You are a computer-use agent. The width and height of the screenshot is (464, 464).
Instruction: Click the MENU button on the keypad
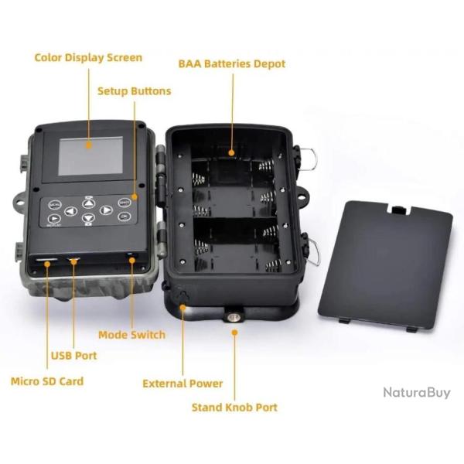55,204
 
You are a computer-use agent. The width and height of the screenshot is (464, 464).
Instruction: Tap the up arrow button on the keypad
88,203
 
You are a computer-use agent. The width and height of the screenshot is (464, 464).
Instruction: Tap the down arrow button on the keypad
88,218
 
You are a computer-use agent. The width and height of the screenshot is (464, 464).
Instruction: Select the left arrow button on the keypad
71,211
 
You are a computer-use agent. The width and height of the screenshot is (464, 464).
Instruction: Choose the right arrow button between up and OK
106,210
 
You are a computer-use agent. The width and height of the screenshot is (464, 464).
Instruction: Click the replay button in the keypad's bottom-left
54,219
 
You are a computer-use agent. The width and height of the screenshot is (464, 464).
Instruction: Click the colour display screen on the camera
90,156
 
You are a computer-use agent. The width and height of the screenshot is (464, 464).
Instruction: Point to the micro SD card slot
46,260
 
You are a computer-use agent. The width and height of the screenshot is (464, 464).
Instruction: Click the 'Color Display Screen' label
88,57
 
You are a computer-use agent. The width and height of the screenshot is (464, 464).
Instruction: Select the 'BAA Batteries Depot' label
232,64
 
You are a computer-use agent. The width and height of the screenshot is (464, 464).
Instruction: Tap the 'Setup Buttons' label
135,91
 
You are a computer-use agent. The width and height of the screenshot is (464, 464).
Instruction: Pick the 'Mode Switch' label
132,335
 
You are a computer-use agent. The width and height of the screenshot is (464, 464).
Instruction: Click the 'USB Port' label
74,356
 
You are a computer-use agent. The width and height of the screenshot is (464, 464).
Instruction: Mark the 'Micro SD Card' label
47,381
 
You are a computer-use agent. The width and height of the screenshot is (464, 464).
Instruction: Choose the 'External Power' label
183,384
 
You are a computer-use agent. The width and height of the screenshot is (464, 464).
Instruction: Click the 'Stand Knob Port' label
234,408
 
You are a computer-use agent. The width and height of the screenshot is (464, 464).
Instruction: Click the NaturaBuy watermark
417,393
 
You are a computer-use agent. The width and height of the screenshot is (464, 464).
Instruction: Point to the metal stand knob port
234,318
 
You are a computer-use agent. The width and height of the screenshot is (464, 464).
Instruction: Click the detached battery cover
385,265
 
